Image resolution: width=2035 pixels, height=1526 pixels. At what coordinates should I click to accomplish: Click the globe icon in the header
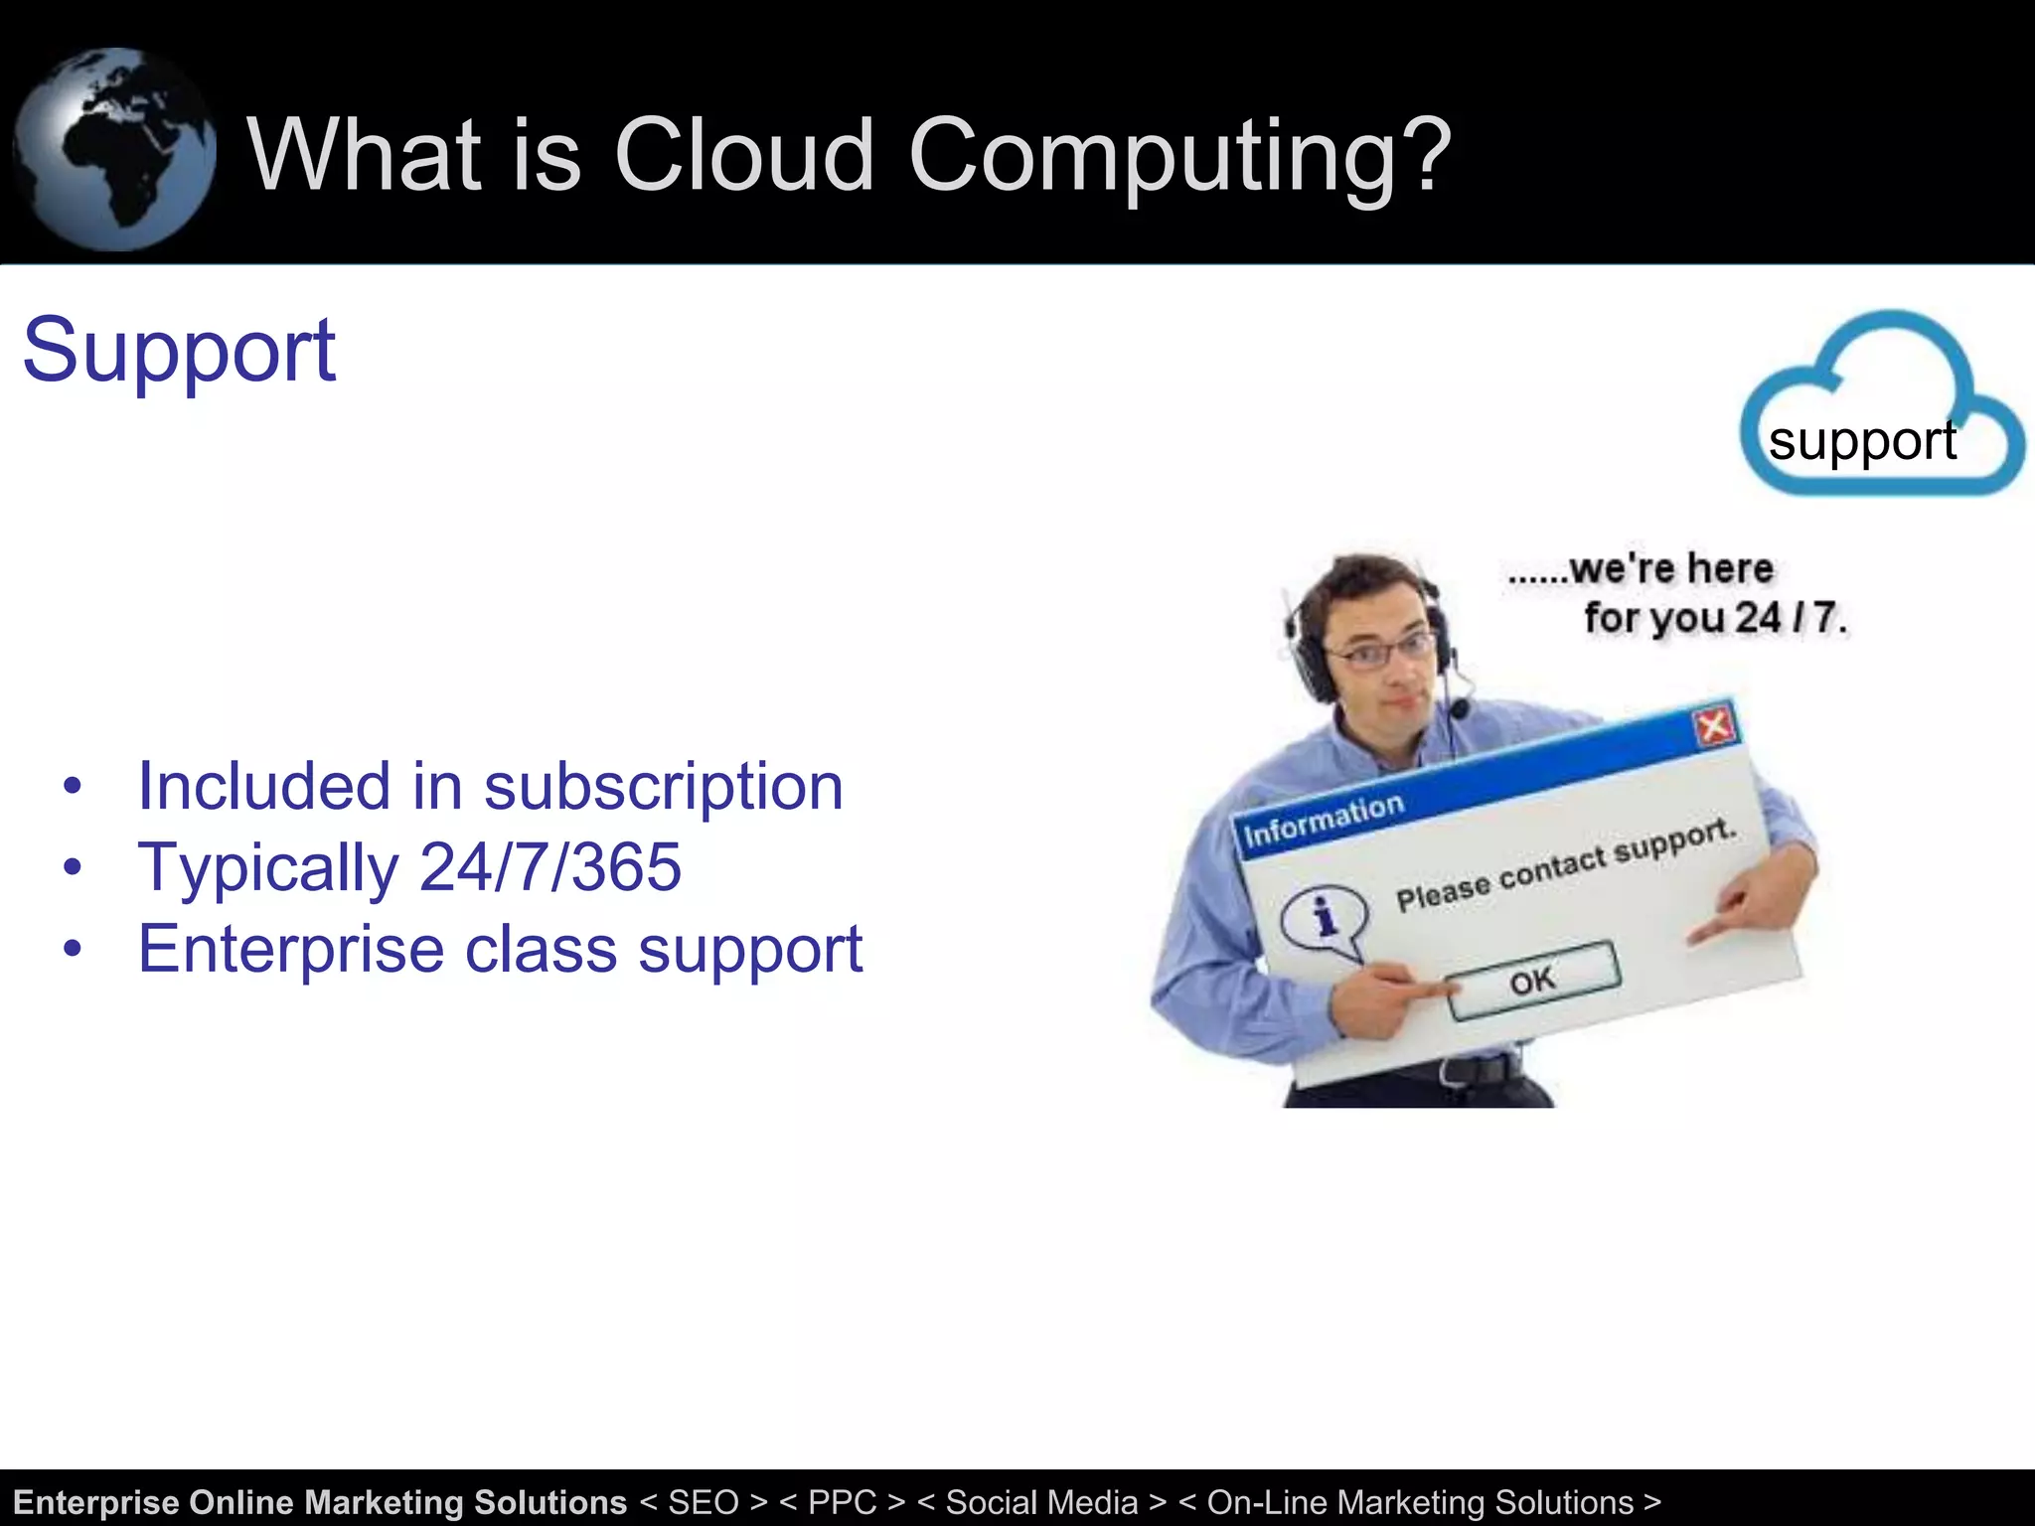(x=114, y=149)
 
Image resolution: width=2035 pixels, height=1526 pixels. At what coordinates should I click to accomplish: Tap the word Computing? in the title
(x=1179, y=157)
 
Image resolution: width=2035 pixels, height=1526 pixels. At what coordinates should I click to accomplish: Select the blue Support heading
(x=179, y=350)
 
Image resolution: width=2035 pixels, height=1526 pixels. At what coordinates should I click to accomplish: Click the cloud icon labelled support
(x=1880, y=407)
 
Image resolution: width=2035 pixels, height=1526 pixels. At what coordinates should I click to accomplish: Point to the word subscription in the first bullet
(x=663, y=787)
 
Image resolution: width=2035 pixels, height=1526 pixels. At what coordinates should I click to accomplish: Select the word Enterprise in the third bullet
(x=290, y=949)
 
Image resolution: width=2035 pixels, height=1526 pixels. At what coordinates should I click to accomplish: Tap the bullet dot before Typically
(x=72, y=867)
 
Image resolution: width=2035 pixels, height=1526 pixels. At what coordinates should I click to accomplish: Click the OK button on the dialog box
(x=1533, y=981)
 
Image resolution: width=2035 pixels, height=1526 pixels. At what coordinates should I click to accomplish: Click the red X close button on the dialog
(x=1714, y=726)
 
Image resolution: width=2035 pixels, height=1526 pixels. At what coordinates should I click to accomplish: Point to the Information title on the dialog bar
(x=1324, y=820)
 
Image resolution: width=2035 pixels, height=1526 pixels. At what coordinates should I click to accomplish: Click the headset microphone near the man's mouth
(x=1459, y=708)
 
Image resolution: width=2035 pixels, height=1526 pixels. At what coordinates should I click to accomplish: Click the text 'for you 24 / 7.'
(x=1714, y=618)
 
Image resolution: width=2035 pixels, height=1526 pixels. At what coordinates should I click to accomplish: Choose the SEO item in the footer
(x=704, y=1502)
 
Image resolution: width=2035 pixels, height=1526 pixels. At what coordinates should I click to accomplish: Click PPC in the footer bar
(x=843, y=1502)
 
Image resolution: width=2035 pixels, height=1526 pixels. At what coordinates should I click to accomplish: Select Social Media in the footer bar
(x=1041, y=1502)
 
